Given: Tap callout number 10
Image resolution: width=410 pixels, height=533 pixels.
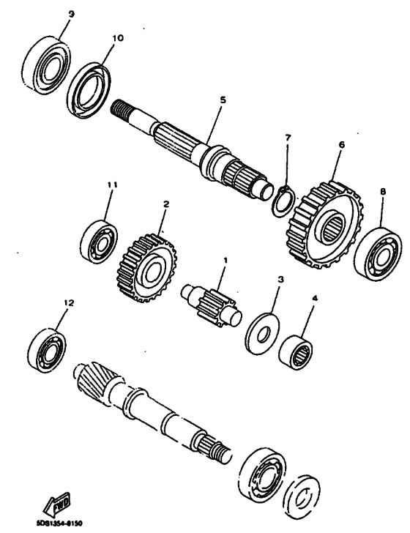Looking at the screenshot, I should pos(118,37).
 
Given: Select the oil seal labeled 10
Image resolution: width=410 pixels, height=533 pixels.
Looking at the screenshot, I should pos(92,87).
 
